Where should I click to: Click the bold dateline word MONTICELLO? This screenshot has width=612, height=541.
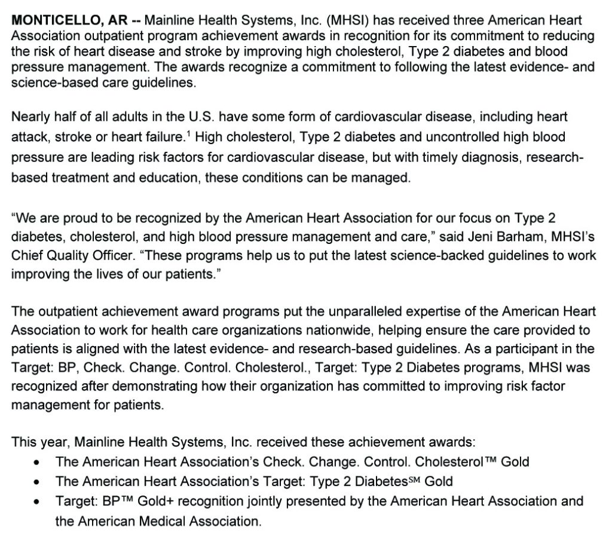pyautogui.click(x=59, y=19)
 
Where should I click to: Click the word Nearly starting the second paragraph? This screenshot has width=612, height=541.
pyautogui.click(x=31, y=117)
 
